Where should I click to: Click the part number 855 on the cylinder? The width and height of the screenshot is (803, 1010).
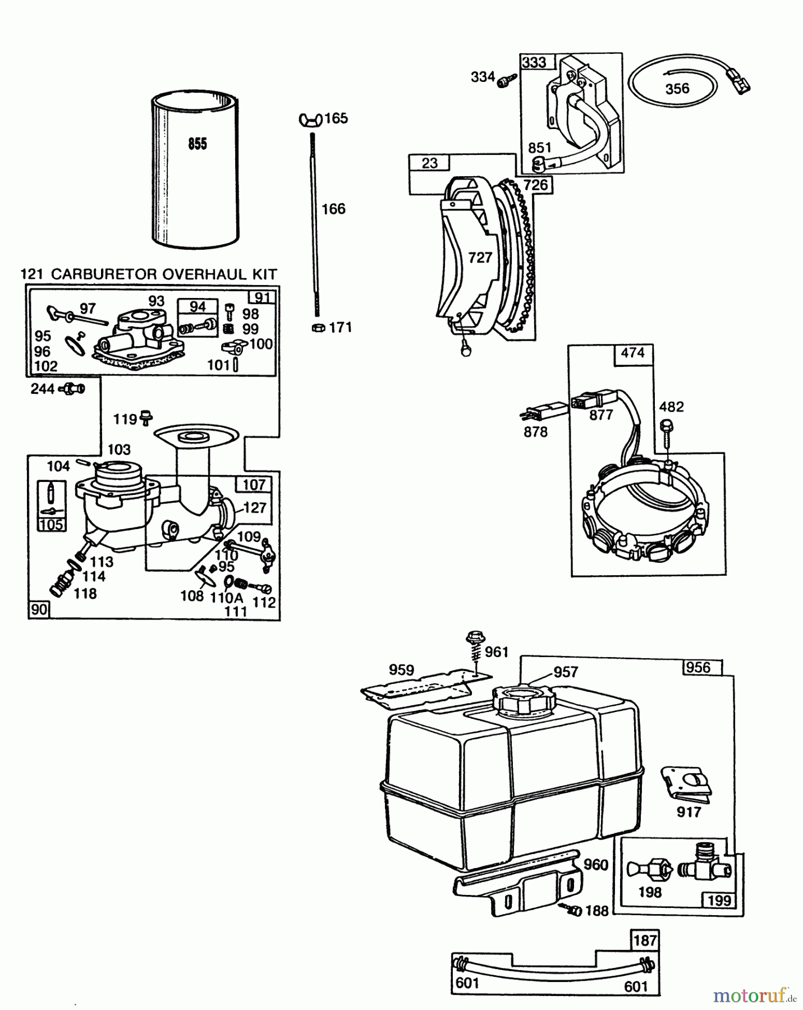[198, 144]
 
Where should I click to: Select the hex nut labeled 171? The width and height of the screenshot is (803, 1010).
[317, 328]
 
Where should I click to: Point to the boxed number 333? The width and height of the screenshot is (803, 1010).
[534, 62]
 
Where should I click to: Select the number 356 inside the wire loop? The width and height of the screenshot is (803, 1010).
[677, 89]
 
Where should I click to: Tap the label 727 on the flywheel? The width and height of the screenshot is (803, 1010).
[480, 258]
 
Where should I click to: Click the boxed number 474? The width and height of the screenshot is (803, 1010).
[632, 353]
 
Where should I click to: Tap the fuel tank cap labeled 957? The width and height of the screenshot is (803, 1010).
[523, 699]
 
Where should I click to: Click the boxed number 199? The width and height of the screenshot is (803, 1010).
[719, 901]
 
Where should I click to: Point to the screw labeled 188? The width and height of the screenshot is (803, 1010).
[573, 910]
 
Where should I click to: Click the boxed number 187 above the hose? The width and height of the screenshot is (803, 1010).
[645, 940]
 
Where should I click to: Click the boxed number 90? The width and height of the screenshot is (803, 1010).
[39, 609]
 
